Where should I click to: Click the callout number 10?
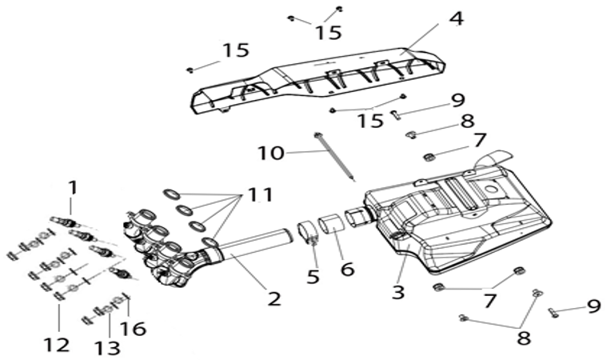coord(271,153)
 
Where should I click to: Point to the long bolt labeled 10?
coord(334,156)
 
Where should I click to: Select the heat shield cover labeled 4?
coord(317,82)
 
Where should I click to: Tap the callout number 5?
coord(313,276)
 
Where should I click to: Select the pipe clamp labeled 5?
coord(308,232)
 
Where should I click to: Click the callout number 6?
coord(347,268)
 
